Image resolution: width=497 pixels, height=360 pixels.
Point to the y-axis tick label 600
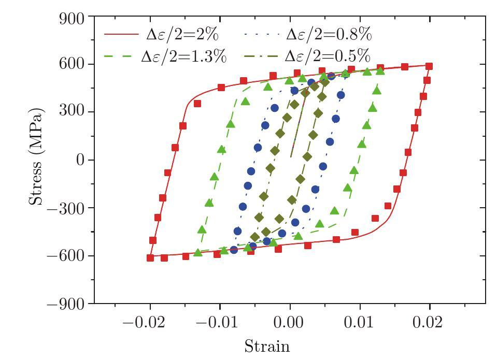(x=72, y=65)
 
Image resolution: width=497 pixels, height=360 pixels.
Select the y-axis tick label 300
(x=72, y=113)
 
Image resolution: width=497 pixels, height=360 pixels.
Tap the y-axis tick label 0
(x=80, y=161)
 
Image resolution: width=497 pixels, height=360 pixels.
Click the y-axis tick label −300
(x=66, y=208)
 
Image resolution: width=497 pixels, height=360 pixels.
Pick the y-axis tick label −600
(x=66, y=256)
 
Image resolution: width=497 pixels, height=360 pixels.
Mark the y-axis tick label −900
(x=66, y=304)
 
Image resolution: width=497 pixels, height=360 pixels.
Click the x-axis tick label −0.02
(x=145, y=323)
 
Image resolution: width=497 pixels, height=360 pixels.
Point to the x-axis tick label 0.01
(x=360, y=323)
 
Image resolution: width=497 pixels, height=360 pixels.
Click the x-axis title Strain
(x=267, y=346)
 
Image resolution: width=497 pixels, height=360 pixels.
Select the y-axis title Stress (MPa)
(x=36, y=157)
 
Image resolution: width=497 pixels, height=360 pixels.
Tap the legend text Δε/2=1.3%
(x=184, y=56)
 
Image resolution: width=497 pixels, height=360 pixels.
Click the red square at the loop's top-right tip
(x=429, y=66)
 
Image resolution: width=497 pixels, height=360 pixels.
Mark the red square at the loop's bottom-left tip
(x=150, y=257)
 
